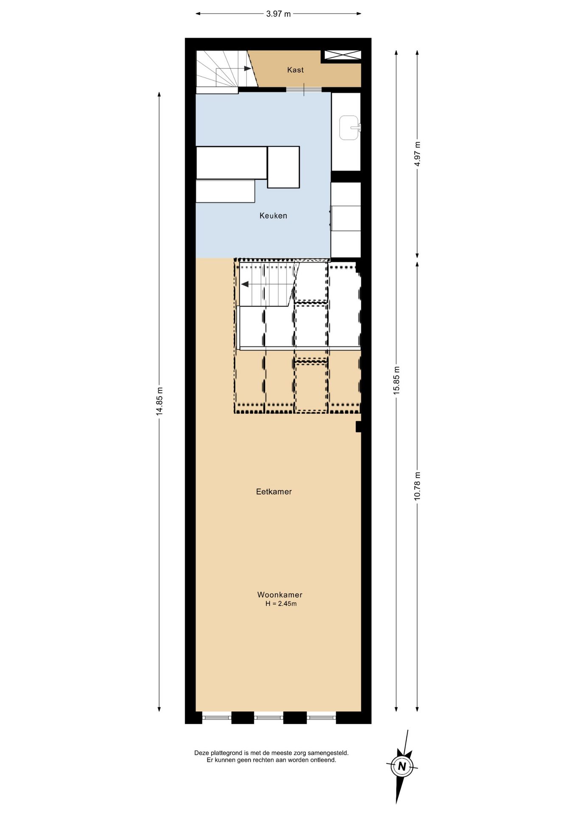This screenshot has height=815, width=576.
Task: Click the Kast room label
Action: [x=295, y=70]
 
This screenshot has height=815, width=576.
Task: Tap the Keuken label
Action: [x=273, y=216]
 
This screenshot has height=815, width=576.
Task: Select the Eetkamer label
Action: [x=274, y=492]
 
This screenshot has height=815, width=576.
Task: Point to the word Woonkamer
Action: [x=280, y=595]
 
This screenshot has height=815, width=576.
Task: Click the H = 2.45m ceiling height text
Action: [x=281, y=604]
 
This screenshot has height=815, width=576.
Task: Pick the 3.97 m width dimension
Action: [x=278, y=14]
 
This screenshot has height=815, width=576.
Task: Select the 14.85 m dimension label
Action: [x=159, y=401]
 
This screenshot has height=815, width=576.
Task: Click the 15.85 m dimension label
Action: [x=397, y=380]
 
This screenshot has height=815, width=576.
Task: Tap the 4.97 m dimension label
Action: [x=417, y=154]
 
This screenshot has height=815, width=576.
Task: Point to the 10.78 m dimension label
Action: [x=417, y=486]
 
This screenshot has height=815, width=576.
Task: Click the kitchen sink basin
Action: [x=349, y=128]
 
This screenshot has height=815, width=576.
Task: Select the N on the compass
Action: [x=402, y=766]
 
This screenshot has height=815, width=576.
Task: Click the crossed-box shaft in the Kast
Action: [x=343, y=55]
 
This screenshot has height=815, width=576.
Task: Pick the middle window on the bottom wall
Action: [x=269, y=718]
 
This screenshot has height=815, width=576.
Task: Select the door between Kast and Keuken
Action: [x=304, y=89]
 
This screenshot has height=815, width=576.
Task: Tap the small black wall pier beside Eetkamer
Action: [x=358, y=427]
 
